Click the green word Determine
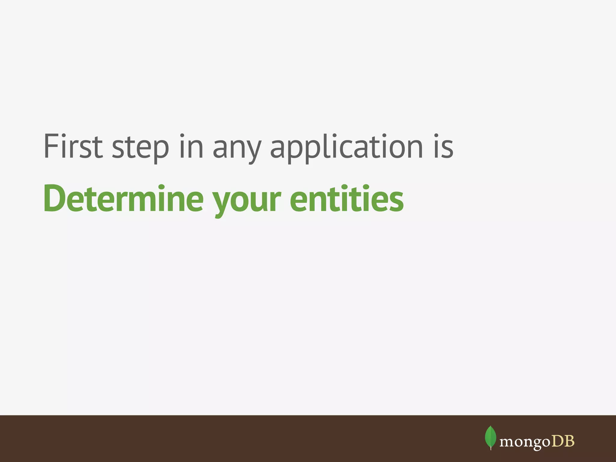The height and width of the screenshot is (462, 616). pyautogui.click(x=124, y=199)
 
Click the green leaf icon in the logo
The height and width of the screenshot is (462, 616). pyautogui.click(x=491, y=437)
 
